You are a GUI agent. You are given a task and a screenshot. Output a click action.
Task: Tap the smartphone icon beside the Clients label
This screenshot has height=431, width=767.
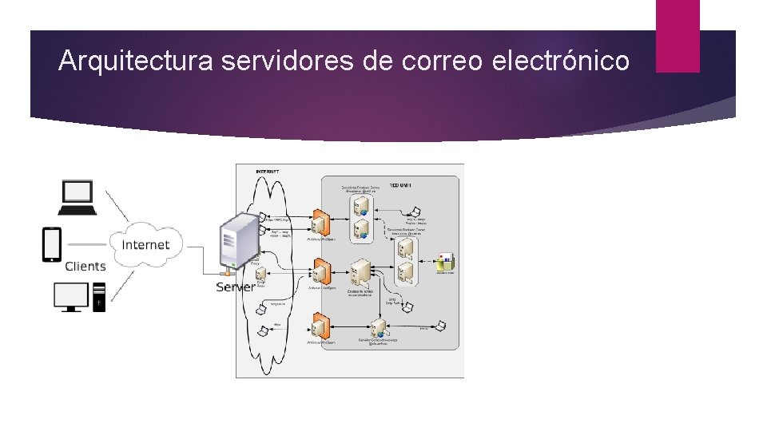[x=52, y=245]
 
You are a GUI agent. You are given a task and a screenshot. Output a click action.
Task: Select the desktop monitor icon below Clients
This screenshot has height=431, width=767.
[x=71, y=297]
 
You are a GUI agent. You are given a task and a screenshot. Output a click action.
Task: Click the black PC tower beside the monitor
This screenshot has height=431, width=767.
[x=99, y=297]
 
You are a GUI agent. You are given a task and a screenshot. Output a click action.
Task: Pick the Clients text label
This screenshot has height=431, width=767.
[x=85, y=266]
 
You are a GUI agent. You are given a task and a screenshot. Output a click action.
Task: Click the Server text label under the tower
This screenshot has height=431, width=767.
[x=236, y=287]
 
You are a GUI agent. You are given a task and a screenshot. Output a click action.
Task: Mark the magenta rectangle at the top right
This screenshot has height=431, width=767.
[x=678, y=36]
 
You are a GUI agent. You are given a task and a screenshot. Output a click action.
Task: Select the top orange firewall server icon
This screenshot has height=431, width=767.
[x=322, y=222]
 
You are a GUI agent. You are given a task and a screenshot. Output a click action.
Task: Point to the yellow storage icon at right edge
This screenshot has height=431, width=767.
[x=446, y=262]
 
